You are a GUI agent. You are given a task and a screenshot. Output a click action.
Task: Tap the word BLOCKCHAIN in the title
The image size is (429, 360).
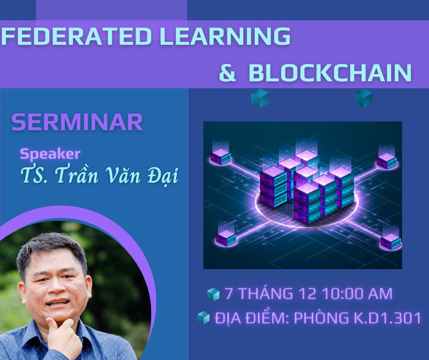(x=330, y=73)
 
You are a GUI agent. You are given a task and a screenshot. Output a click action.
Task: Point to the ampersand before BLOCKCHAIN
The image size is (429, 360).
(x=227, y=73)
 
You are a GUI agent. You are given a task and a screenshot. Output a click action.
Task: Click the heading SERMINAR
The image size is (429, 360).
(x=77, y=122)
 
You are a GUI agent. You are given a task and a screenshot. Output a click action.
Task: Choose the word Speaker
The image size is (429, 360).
(x=50, y=153)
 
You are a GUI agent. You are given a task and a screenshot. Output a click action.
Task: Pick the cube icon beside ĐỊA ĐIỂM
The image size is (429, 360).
(x=203, y=318)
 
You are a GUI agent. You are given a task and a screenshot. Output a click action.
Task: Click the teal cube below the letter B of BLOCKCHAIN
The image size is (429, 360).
(x=260, y=98)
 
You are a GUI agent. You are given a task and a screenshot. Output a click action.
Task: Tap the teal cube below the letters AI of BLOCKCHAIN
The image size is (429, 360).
(x=364, y=98)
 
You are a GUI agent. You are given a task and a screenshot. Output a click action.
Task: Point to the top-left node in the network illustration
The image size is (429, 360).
(x=221, y=156)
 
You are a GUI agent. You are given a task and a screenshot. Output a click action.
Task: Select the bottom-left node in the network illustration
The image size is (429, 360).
(x=226, y=237)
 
